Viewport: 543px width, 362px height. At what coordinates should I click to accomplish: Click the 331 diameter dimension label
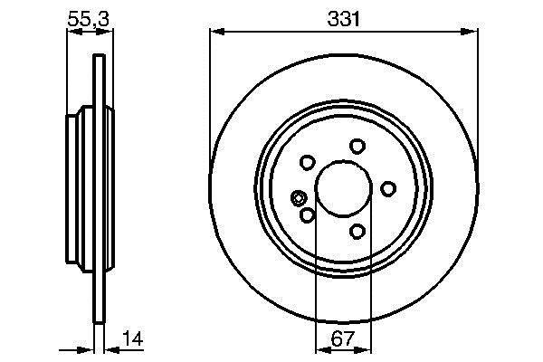(x=343, y=19)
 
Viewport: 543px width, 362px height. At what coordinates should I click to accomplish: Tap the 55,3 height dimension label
(x=89, y=19)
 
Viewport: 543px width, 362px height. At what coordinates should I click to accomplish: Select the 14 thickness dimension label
(x=133, y=338)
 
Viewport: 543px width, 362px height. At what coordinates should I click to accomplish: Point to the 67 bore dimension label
(x=343, y=338)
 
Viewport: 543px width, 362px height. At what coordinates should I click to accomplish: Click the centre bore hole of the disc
(x=344, y=188)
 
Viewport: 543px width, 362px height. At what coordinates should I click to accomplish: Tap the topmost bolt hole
(x=357, y=147)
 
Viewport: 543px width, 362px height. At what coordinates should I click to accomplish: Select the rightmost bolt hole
(x=388, y=188)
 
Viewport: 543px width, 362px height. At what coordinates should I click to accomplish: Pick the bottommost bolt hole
(x=357, y=231)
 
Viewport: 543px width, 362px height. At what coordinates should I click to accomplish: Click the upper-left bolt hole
(x=307, y=163)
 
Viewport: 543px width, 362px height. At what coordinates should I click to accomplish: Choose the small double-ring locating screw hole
(x=298, y=198)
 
